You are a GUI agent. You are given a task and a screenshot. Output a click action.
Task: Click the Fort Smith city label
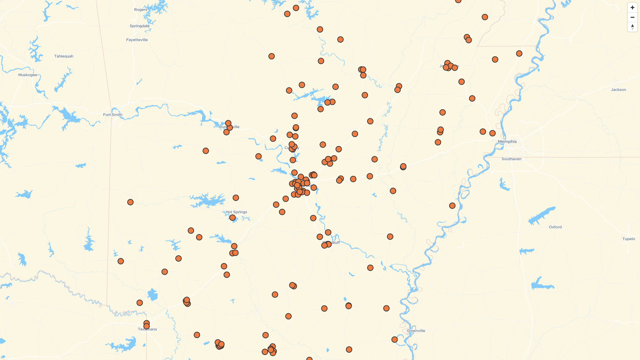[113, 115]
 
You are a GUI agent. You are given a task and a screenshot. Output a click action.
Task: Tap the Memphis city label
[507, 142]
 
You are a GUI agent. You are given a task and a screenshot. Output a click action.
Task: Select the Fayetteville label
[137, 40]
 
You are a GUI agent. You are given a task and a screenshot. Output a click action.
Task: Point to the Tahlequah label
[64, 56]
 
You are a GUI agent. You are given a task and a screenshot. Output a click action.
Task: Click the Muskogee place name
[28, 75]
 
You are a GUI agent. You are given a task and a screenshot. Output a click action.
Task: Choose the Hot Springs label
[236, 212]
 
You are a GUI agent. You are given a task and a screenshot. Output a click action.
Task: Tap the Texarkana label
[147, 329]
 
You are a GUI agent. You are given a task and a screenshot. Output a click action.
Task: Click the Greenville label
[416, 331]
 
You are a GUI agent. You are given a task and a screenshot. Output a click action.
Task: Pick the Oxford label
[555, 227]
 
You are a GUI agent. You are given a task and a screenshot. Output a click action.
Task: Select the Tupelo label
[628, 239]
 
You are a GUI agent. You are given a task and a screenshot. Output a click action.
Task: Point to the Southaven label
[511, 159]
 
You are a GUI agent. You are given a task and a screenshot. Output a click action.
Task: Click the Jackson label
[618, 90]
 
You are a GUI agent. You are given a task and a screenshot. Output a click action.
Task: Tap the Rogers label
[140, 10]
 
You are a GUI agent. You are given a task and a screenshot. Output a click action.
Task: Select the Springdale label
[139, 26]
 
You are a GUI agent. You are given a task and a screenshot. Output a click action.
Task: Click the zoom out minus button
[632, 17]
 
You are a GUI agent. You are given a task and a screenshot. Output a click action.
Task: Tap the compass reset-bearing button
[632, 27]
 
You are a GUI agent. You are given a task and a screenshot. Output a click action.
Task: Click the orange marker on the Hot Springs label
[232, 218]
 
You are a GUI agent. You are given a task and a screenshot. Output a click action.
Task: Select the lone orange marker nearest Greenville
[394, 340]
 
